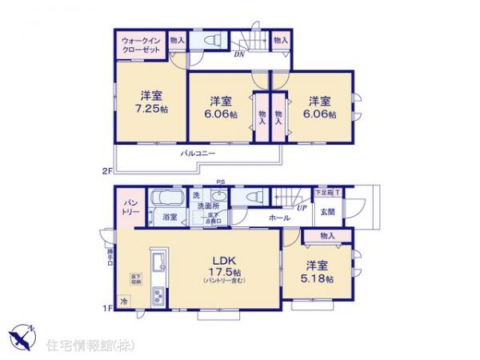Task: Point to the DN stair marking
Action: (x=238, y=55)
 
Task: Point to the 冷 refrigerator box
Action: (x=124, y=302)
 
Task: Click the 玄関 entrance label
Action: (x=329, y=212)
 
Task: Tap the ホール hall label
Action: (x=279, y=217)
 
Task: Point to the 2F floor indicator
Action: (x=106, y=170)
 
